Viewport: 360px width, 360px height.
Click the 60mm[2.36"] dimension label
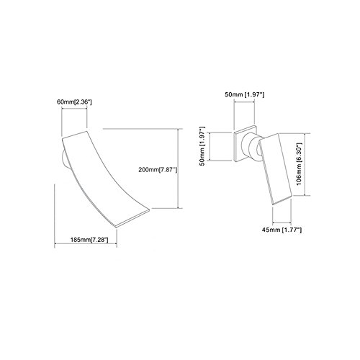[74, 102]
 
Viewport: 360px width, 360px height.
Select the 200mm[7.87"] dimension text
[158, 170]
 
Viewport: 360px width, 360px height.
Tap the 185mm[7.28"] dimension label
[89, 240]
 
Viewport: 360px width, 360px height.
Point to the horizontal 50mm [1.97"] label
[244, 94]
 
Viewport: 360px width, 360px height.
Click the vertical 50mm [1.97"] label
[203, 145]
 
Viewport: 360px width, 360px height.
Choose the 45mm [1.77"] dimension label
[282, 230]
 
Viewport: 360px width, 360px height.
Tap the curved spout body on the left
[103, 178]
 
